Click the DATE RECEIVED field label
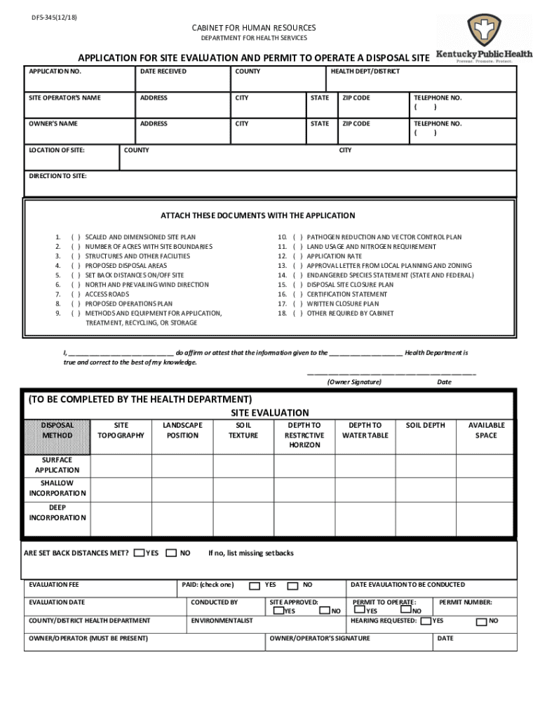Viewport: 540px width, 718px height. click(x=163, y=72)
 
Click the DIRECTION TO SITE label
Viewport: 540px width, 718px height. click(x=58, y=176)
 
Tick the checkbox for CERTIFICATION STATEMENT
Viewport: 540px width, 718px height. click(x=298, y=294)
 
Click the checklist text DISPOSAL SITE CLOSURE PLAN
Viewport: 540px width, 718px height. click(x=350, y=285)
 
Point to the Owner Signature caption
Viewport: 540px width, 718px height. click(x=354, y=382)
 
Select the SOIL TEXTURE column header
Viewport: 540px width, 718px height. click(x=243, y=431)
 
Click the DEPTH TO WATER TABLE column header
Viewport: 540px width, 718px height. click(x=365, y=431)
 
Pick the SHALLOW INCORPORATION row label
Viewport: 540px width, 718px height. click(x=57, y=488)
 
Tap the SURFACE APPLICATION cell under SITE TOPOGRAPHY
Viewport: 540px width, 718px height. click(x=121, y=466)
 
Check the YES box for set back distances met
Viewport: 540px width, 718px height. click(x=139, y=553)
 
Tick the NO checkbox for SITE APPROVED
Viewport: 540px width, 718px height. click(x=325, y=611)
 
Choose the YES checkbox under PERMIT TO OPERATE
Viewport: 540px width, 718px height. click(x=360, y=611)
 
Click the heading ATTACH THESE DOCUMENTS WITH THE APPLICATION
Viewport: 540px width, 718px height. click(x=258, y=216)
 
